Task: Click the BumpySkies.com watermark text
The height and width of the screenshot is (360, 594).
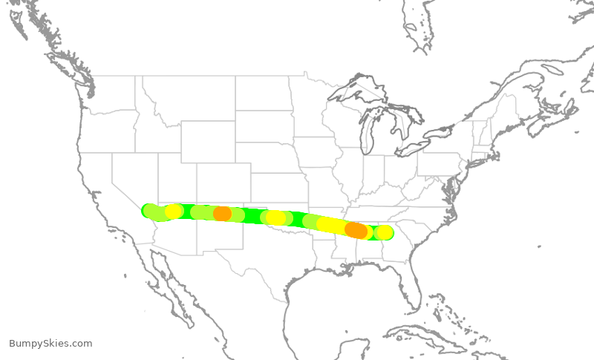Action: pyautogui.click(x=50, y=344)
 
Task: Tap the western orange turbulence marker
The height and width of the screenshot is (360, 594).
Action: pyautogui.click(x=222, y=214)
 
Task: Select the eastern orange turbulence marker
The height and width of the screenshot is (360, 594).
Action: pyautogui.click(x=356, y=230)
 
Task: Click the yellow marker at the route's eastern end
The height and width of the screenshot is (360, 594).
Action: pyautogui.click(x=384, y=232)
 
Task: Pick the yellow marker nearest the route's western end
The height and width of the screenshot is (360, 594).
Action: pyautogui.click(x=174, y=212)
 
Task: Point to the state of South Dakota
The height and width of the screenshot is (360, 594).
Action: pyautogui.click(x=264, y=126)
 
